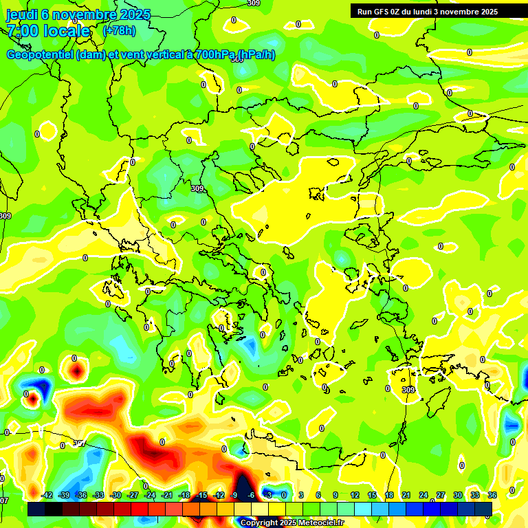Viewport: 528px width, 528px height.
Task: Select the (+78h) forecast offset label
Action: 119,31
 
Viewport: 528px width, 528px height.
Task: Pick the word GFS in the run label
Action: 382,12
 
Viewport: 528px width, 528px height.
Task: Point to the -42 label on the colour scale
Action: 47,495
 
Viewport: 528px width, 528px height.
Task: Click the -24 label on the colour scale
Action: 150,495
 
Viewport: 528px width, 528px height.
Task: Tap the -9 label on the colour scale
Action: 234,495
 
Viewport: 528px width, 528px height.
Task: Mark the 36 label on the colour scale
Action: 492,495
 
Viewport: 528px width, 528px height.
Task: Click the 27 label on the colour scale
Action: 441,495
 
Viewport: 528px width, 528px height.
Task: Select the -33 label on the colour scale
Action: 98,495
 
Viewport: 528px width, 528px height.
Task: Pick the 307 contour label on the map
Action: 79,443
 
